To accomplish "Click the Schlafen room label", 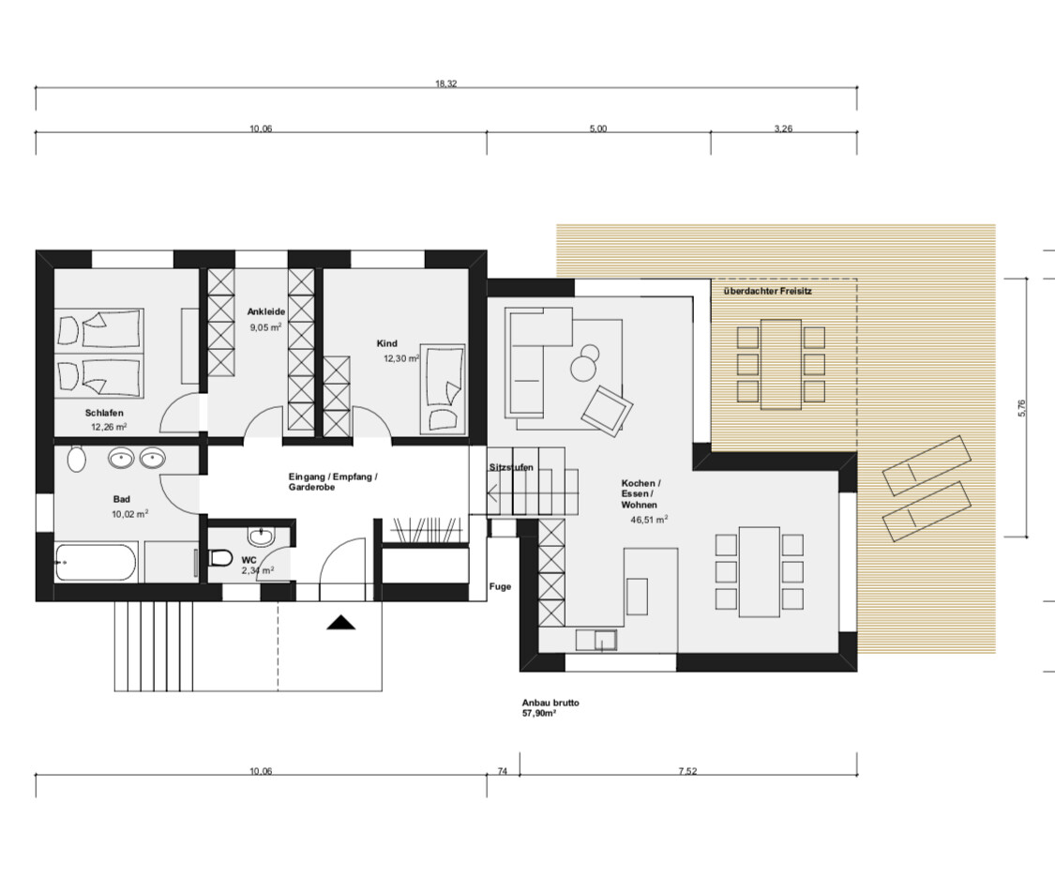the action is click(x=104, y=413).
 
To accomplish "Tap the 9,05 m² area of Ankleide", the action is click(x=265, y=327).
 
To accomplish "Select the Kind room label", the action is click(x=387, y=343).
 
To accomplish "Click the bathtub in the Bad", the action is click(x=96, y=563).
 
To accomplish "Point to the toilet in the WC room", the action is click(x=220, y=558).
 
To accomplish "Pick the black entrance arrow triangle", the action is click(x=341, y=623).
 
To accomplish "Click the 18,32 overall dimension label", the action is click(x=446, y=84).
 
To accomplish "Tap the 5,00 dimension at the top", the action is click(x=598, y=129).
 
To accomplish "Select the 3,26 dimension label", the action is click(x=783, y=129).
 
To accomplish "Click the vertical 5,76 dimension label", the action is click(x=1022, y=408).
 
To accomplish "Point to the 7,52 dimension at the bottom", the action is click(x=687, y=771).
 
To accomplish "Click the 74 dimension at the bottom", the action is click(x=503, y=771).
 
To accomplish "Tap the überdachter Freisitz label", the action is click(x=768, y=292).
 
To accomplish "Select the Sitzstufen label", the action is click(x=511, y=468).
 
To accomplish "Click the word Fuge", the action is click(x=500, y=587).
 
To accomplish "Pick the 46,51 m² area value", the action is click(x=649, y=520).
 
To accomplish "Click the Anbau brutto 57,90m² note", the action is click(x=550, y=707).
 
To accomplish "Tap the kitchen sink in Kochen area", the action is click(x=596, y=640).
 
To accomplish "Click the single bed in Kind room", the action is click(x=443, y=388).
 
